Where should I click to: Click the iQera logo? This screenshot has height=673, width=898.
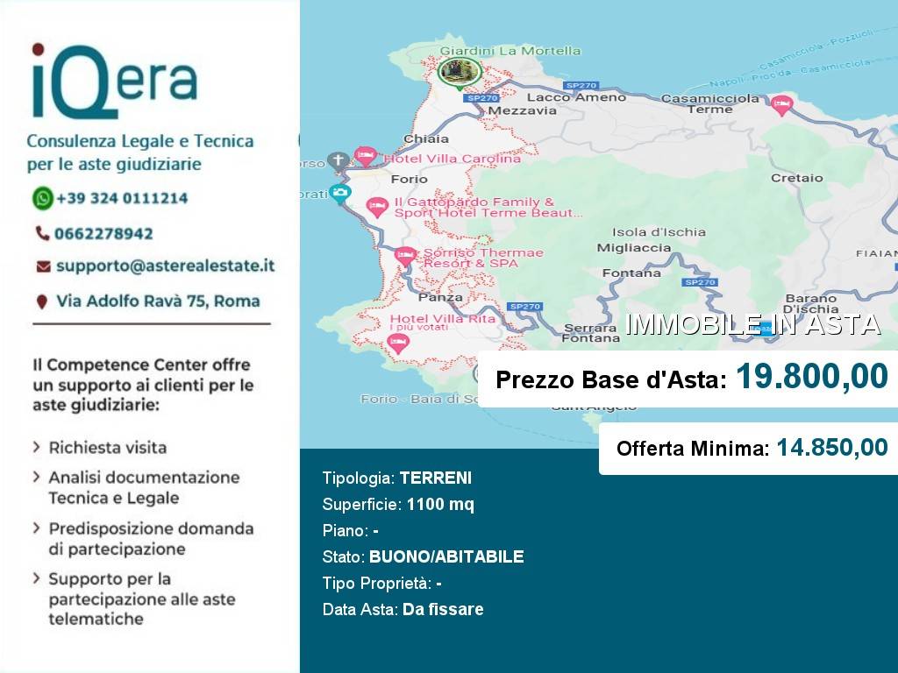pos(114,81)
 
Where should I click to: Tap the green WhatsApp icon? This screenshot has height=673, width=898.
pos(43,198)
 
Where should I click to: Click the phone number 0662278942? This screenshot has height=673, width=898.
pos(103,234)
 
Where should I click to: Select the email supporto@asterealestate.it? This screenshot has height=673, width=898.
pos(165,266)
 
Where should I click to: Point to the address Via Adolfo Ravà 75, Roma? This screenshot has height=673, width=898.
pos(158,301)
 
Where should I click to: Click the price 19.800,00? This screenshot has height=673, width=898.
pos(811,378)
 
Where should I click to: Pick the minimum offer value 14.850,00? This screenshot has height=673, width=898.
pos(831,448)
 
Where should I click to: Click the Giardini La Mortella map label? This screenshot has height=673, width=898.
pos(510,51)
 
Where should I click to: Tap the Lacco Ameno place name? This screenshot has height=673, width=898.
pos(576,97)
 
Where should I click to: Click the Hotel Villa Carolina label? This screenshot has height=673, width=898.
pos(453,159)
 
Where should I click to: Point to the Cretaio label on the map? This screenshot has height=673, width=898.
pos(796,178)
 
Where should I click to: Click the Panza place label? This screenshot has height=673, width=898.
pos(440,297)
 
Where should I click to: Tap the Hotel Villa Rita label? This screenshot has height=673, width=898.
pos(442,319)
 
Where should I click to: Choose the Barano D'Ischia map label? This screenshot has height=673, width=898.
pos(811,303)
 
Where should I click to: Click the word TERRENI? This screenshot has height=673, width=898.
pos(435,478)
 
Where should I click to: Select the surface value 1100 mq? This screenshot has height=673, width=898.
pos(440,505)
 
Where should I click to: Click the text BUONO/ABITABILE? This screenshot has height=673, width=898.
pos(446,557)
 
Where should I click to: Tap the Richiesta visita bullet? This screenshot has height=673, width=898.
pos(107,448)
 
